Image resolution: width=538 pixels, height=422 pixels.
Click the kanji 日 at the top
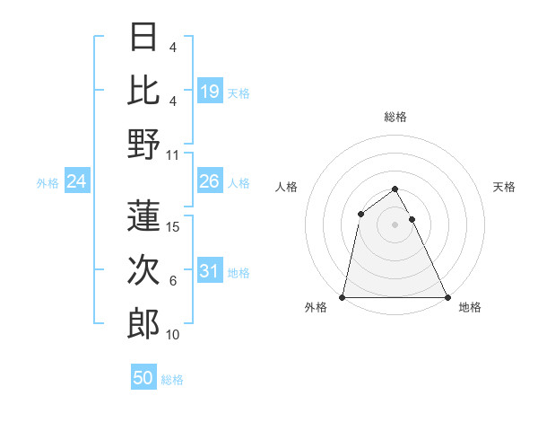click(143, 39)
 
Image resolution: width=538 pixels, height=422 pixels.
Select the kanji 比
click(143, 90)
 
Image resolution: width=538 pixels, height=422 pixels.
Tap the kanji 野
click(143, 143)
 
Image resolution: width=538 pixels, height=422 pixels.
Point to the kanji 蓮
click(143, 215)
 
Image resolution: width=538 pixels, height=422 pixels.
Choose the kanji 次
click(143, 270)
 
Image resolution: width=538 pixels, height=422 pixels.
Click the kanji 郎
click(143, 323)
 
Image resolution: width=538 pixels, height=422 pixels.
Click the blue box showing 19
click(209, 92)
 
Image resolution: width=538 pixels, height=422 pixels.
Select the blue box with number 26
click(209, 182)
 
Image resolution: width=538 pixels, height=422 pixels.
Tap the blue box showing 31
click(209, 272)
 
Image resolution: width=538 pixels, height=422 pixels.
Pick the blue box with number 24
click(77, 182)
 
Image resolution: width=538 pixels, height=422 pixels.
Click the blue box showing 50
click(143, 379)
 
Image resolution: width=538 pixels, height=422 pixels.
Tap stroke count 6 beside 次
click(173, 281)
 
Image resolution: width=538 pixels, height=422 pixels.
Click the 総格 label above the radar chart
click(395, 117)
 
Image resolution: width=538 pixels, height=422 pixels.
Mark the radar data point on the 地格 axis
click(447, 296)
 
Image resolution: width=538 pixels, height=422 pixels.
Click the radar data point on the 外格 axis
click(343, 296)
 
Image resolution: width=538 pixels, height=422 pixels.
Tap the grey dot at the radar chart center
click(395, 224)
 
